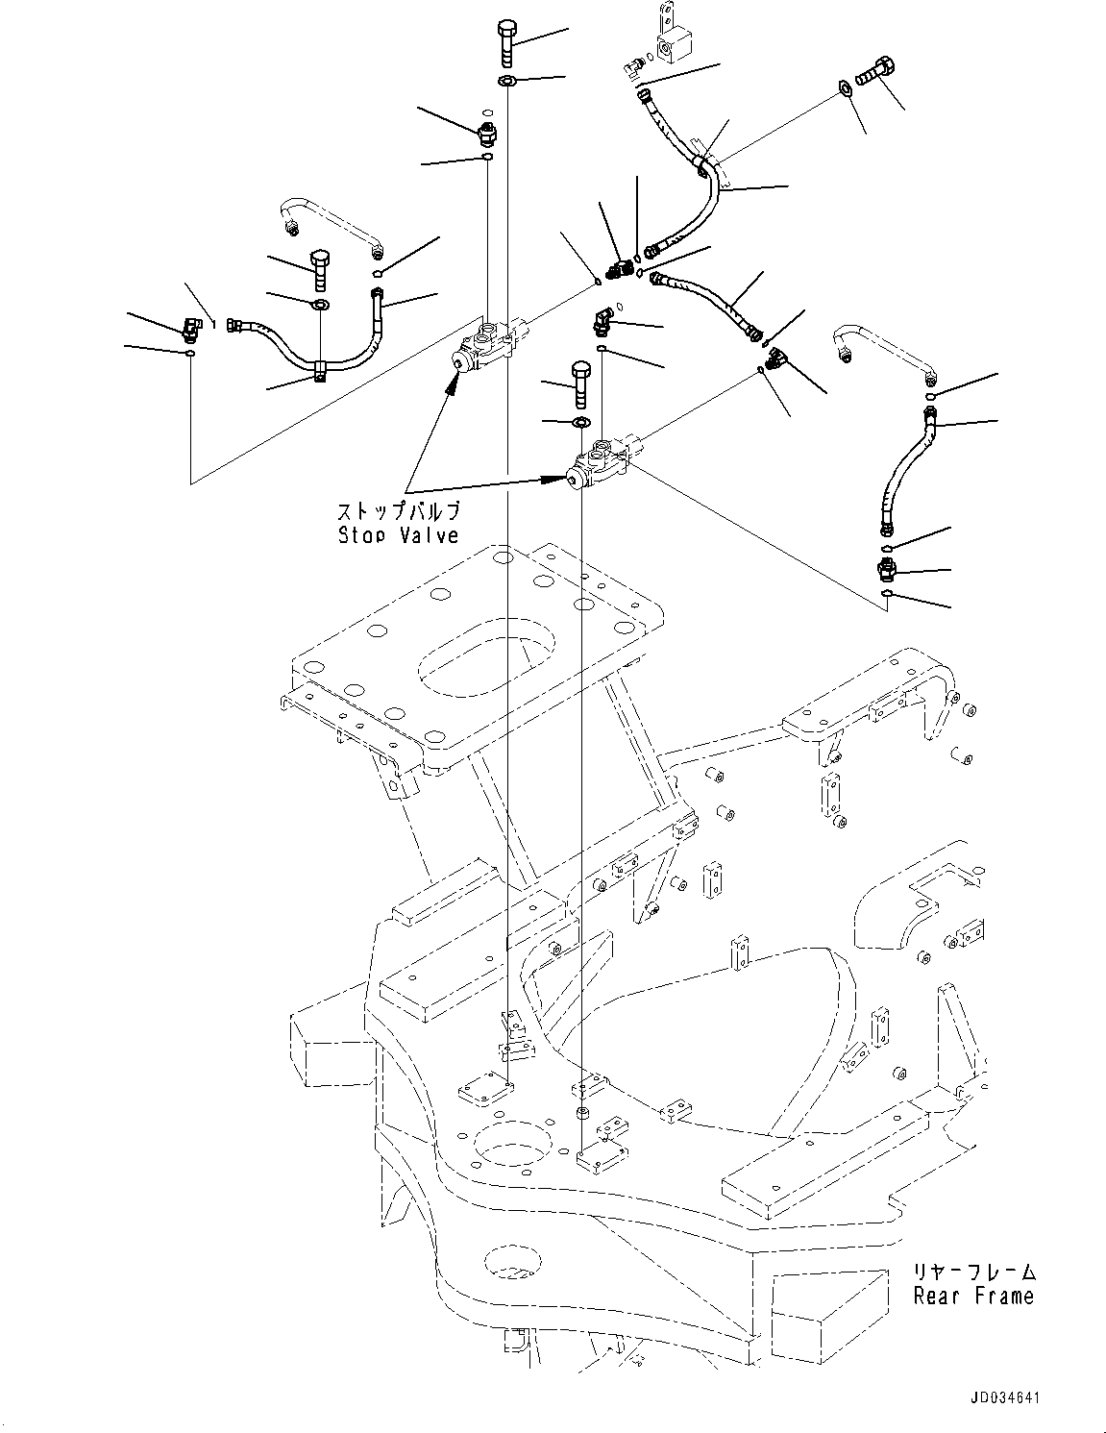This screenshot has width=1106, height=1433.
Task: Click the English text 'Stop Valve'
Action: pyautogui.click(x=398, y=535)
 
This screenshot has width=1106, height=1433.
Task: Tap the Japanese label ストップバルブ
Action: pyautogui.click(x=398, y=511)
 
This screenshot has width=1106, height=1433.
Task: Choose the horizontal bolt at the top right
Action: pyautogui.click(x=873, y=71)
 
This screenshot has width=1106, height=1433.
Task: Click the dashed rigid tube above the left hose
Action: pyautogui.click(x=332, y=228)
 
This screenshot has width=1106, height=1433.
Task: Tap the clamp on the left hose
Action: pyautogui.click(x=316, y=369)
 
